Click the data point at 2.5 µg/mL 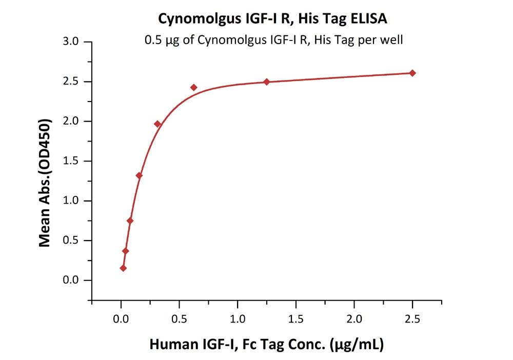click(412, 73)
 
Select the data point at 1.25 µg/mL click(267, 82)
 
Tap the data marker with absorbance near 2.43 click(193, 87)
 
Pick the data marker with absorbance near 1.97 click(157, 124)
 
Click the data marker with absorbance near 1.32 click(139, 175)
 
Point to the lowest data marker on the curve click(123, 268)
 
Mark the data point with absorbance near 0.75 click(130, 221)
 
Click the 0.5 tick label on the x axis click(179, 319)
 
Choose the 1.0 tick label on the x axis click(238, 319)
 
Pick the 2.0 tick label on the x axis click(354, 319)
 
